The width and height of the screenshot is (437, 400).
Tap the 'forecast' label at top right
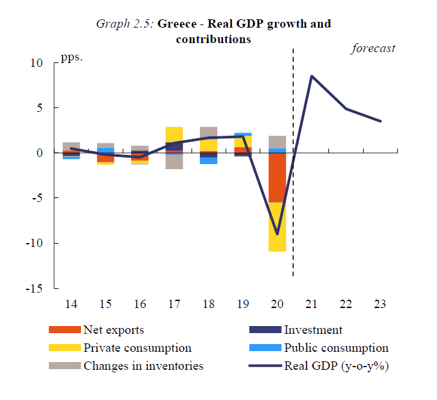(x=373, y=48)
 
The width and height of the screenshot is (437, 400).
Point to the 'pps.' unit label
(x=72, y=57)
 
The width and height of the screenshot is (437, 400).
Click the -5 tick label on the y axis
(x=37, y=198)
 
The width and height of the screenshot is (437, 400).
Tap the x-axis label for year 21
(x=311, y=304)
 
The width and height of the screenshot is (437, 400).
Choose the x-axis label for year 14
(x=71, y=304)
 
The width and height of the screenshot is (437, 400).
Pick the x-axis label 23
(x=380, y=304)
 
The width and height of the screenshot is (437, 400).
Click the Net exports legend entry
(x=113, y=330)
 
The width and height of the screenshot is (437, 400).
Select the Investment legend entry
(x=313, y=330)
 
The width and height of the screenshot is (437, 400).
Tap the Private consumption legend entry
(x=137, y=348)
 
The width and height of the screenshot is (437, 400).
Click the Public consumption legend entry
(x=336, y=348)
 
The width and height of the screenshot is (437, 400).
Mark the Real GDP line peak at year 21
(x=312, y=76)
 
